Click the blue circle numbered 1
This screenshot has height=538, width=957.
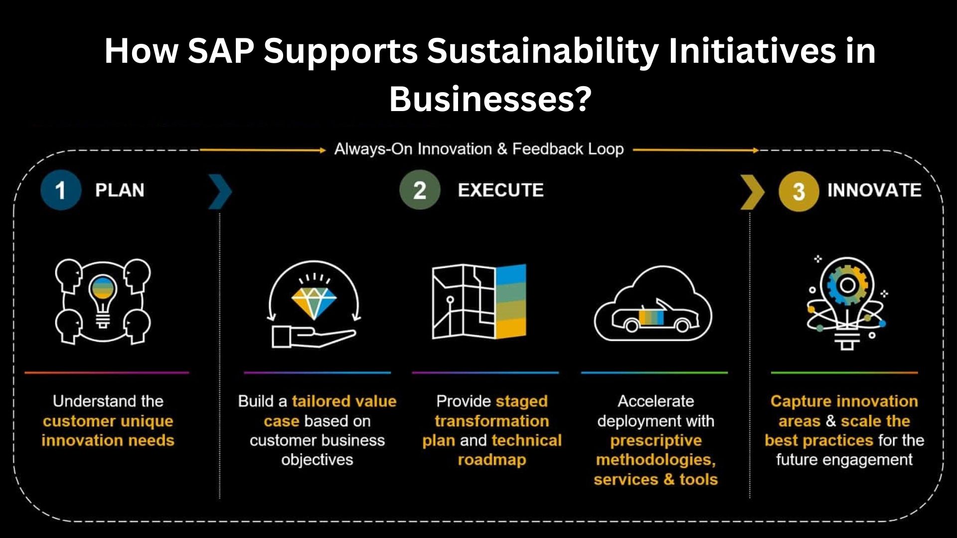tap(61, 190)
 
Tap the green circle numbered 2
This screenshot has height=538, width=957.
tap(420, 190)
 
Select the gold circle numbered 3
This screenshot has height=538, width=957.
tap(798, 191)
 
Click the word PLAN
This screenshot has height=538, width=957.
tap(120, 190)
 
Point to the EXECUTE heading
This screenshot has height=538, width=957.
tap(500, 190)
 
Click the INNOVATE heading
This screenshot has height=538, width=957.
tap(874, 190)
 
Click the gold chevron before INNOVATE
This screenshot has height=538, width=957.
tap(752, 192)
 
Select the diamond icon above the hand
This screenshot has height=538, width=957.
tap(314, 302)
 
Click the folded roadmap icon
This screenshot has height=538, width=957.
tap(479, 301)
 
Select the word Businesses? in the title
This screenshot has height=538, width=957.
tap(490, 99)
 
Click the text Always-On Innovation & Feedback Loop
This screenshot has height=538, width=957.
tap(479, 149)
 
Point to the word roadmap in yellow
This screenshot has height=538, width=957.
tap(492, 460)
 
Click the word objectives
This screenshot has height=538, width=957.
tap(317, 460)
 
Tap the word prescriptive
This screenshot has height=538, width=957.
tap(656, 441)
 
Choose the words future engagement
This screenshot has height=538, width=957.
tap(844, 460)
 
